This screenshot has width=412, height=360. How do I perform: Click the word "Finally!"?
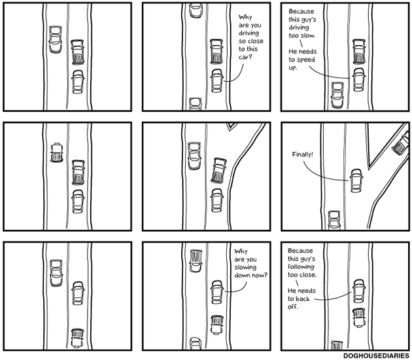(x=302, y=154)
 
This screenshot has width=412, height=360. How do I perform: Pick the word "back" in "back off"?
(x=300, y=298)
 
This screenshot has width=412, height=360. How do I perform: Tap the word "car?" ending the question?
(x=245, y=65)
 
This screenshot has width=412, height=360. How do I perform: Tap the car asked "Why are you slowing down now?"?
(x=217, y=292)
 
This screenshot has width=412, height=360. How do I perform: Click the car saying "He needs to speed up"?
(x=358, y=79)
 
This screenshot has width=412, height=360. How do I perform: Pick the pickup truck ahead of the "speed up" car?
(x=358, y=50)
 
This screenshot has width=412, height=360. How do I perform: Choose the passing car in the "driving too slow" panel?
(x=337, y=95)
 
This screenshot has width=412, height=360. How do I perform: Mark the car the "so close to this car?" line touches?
(x=217, y=82)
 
